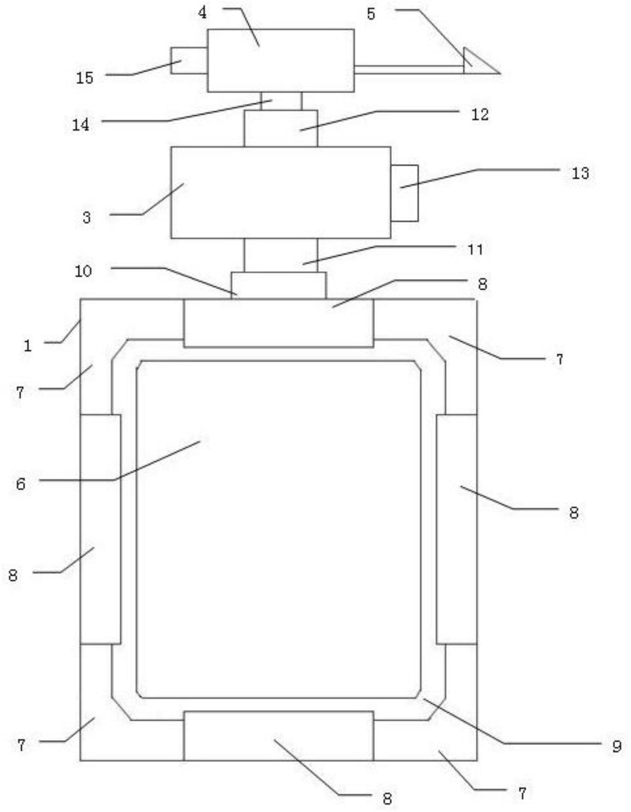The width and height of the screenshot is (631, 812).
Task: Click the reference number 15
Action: pos(84,78)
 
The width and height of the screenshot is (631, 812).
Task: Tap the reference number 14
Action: pos(81,124)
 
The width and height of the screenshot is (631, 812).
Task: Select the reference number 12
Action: pos(480,114)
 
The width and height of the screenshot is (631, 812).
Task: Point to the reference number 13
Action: pos(580,173)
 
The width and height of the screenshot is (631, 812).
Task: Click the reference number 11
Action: pos(475,249)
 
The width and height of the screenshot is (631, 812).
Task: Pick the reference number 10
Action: pos(83,271)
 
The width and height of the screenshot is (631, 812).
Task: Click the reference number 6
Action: pos(21,484)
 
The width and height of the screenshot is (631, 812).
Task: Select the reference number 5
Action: pos(371,14)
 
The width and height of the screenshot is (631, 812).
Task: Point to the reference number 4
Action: pos(202,13)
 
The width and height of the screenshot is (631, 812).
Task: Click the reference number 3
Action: pos(87,217)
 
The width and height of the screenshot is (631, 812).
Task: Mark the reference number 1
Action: pos(28,345)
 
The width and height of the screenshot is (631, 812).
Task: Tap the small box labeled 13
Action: pos(404,193)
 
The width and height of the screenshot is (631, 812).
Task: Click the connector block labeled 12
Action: pos(281,128)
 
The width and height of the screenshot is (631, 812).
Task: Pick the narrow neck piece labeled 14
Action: pos(281,101)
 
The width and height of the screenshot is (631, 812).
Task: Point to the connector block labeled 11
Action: pos(281,255)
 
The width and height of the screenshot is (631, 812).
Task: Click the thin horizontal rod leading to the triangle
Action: pos(409,70)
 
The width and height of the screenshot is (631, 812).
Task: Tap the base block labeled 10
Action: pos(279,286)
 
